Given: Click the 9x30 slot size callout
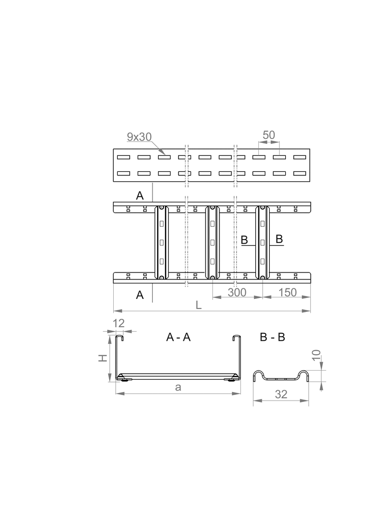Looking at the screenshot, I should (x=139, y=136).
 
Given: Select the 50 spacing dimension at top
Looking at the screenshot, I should (x=269, y=135).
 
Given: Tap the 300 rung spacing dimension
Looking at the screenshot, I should (x=237, y=292).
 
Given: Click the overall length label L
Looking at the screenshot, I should (x=198, y=305).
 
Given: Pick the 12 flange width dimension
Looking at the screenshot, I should (x=118, y=323).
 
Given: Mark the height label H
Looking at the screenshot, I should (x=102, y=358).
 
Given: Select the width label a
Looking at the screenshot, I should (x=178, y=388).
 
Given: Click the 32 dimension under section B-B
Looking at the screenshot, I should (x=281, y=394).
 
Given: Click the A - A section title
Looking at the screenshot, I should (x=179, y=337).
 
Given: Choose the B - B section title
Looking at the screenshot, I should (x=272, y=337).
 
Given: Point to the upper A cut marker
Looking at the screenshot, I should (x=140, y=195).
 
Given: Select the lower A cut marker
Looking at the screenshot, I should (x=140, y=295).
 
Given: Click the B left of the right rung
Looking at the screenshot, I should (x=244, y=240).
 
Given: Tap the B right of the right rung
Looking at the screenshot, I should (x=279, y=240).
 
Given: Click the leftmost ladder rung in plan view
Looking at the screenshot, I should (x=161, y=242).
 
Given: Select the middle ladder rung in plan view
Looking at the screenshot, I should (x=212, y=242).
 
